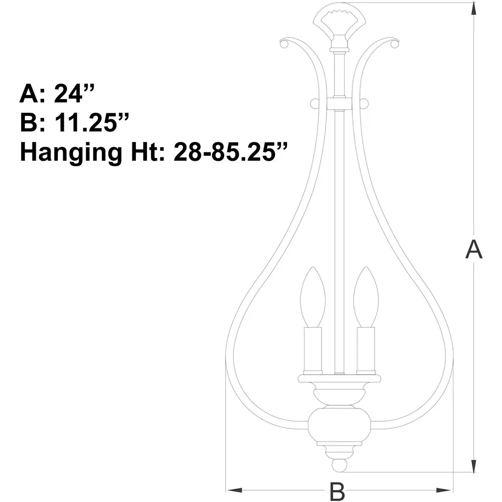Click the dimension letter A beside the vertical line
(x=474, y=250)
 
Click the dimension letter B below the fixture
(x=337, y=491)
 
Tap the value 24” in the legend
(x=74, y=93)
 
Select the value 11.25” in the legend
(x=92, y=122)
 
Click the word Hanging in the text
(x=71, y=153)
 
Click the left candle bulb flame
(x=313, y=297)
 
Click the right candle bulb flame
(x=366, y=297)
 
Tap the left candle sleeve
(x=313, y=351)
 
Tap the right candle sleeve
(x=366, y=351)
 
